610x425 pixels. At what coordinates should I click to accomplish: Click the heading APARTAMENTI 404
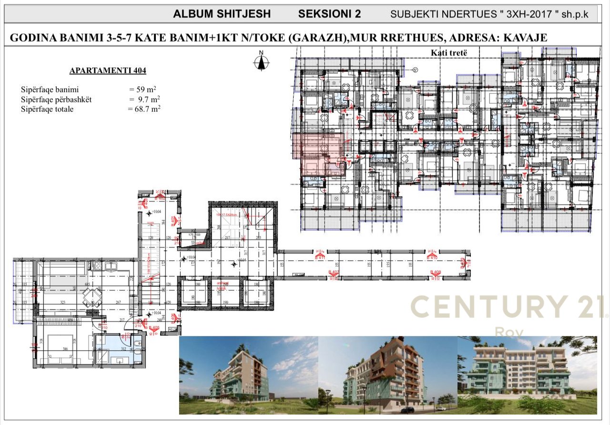108,71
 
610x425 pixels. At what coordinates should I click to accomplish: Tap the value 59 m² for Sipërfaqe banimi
145,90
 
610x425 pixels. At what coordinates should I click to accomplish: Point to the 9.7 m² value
146,99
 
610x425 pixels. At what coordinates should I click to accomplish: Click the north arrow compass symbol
261,61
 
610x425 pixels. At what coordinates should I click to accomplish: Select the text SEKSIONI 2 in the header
329,14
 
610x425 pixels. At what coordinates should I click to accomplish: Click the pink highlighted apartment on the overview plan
317,152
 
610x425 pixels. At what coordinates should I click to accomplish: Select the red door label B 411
320,258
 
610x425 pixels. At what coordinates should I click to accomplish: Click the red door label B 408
435,273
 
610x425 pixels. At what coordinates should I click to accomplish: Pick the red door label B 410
432,258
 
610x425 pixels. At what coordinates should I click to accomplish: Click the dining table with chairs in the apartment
92,297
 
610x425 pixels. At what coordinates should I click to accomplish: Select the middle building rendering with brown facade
387,375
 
